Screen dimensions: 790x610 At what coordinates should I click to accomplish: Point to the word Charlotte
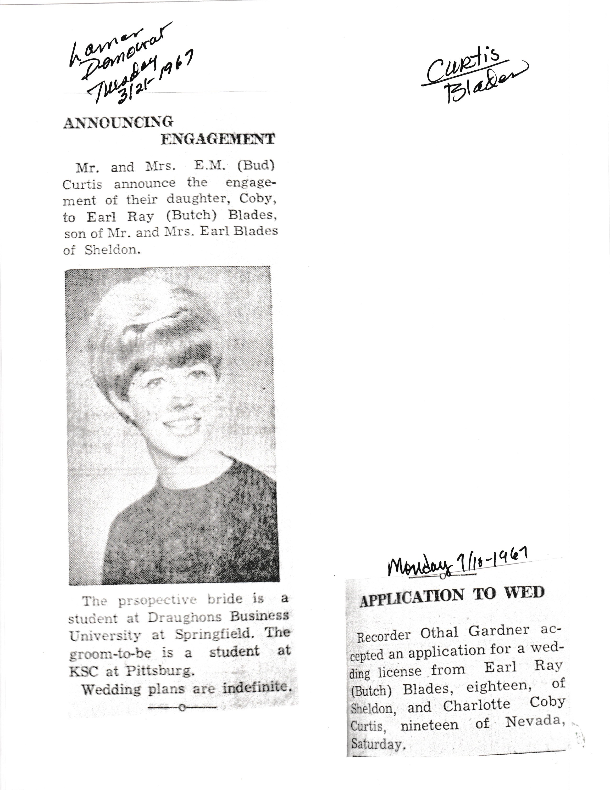(x=476, y=706)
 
